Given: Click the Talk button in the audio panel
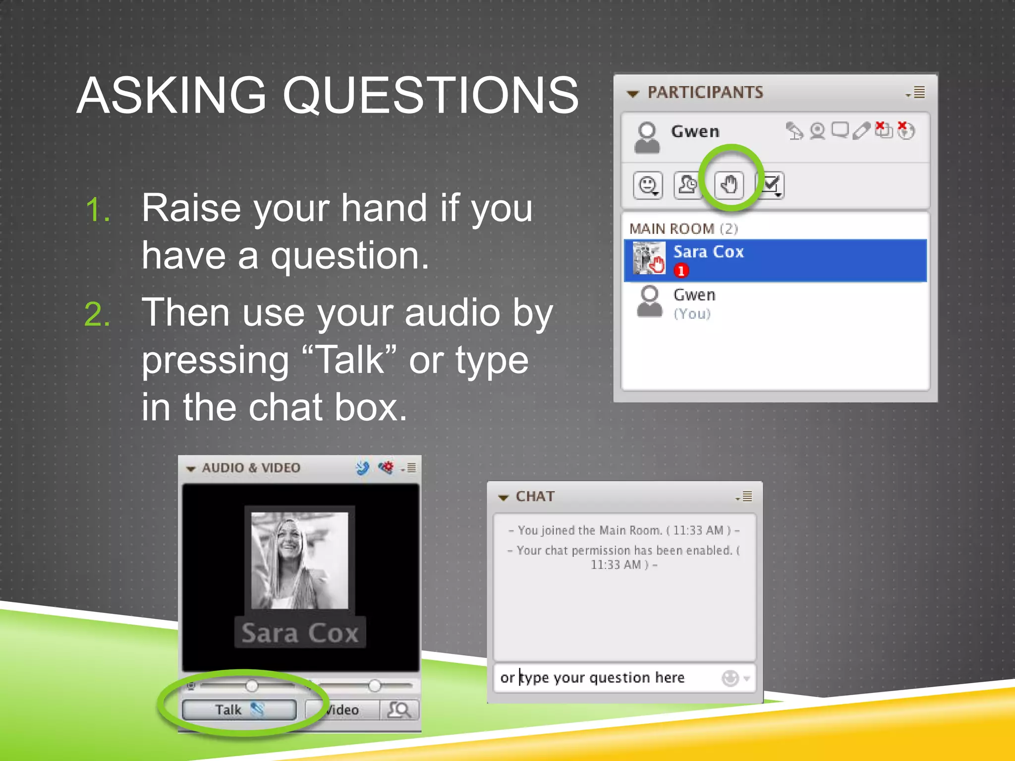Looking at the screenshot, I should coord(239,709).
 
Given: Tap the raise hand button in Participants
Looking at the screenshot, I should coord(729,185).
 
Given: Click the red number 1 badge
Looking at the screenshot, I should coord(681,271).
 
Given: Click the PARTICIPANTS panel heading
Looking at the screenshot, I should coord(705,92).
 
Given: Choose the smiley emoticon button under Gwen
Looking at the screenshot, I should coord(648,185).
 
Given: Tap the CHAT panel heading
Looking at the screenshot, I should coord(535,496).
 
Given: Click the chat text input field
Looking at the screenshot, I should coord(605,677).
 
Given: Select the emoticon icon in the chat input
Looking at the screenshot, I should coord(730,678).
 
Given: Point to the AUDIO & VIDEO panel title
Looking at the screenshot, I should coord(251,468).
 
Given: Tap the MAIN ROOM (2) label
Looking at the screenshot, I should coord(683,228).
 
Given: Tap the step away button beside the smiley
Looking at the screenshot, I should coord(687,185).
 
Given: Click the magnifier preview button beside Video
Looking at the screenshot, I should coord(399,709).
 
